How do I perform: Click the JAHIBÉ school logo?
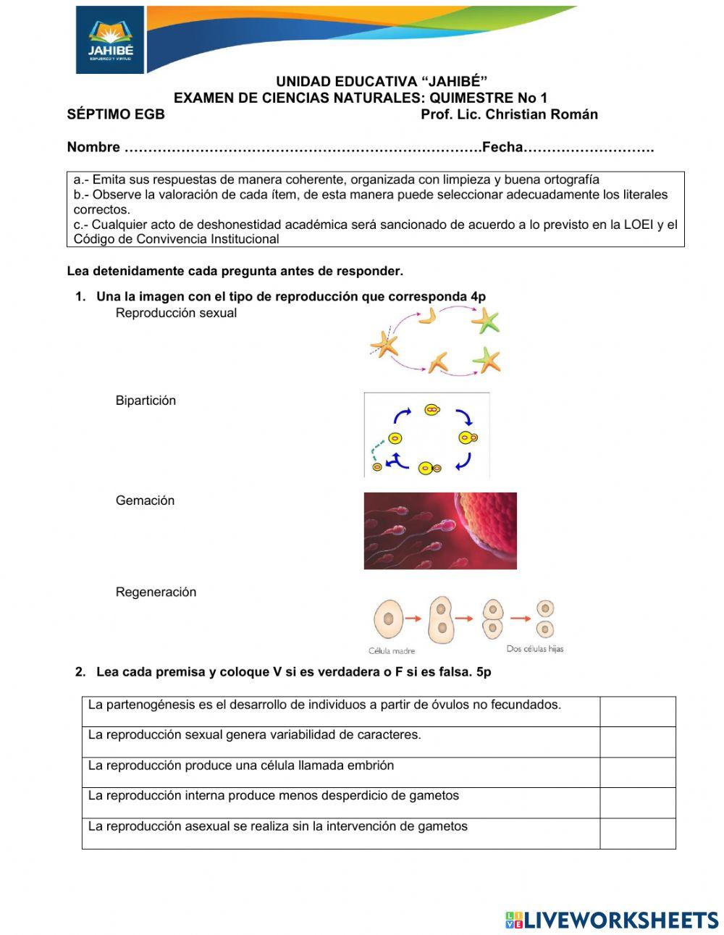coord(110,40)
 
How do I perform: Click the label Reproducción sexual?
coord(176,313)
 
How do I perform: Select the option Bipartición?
coord(146,401)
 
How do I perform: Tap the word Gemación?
coord(145,500)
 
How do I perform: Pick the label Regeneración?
coord(156,592)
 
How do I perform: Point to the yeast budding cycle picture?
coord(426,435)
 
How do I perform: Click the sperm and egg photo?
coord(440,530)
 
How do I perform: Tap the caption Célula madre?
coord(392,650)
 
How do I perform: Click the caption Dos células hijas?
coord(534,649)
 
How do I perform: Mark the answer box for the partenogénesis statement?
coord(637,711)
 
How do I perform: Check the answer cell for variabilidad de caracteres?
coord(637,742)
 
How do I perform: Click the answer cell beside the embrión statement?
coord(637,772)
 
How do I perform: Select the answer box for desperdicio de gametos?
coord(637,802)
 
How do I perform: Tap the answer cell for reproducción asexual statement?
coord(637,833)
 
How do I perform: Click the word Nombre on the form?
coord(93,147)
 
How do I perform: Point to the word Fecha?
coord(502,147)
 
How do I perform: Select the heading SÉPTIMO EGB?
coord(116,114)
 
